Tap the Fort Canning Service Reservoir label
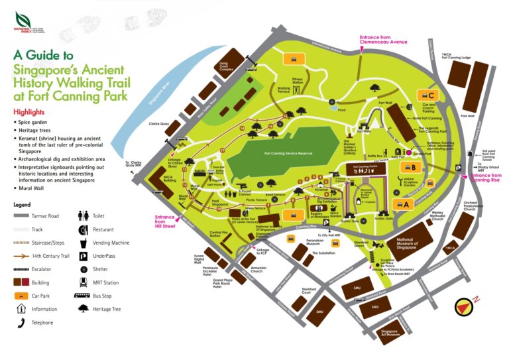pos(288,153)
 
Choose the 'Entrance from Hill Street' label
pos(165,220)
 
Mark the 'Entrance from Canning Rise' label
pos(486,177)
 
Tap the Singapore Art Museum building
pos(388,333)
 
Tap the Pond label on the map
pos(342,111)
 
